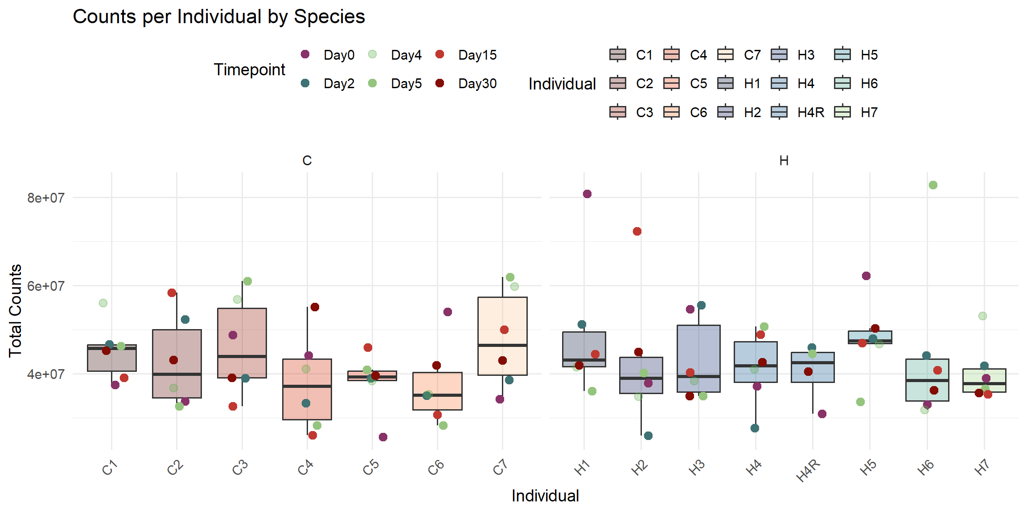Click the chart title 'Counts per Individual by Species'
(x=218, y=17)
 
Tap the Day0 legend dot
(x=305, y=54)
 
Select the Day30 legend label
(x=477, y=84)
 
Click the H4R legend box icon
(x=779, y=112)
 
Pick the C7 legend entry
(x=726, y=55)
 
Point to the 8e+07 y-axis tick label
(x=45, y=198)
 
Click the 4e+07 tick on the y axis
(x=45, y=374)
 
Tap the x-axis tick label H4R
(x=809, y=470)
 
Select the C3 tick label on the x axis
(x=240, y=468)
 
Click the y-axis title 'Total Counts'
(x=15, y=310)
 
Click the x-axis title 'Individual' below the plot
(x=545, y=496)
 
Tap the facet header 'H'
(x=784, y=160)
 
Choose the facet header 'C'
(x=307, y=160)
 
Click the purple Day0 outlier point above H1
(x=587, y=194)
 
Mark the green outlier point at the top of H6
(x=933, y=185)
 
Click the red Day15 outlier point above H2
(x=637, y=231)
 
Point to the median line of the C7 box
(x=502, y=345)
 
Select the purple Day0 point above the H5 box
(x=866, y=276)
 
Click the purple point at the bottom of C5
(x=383, y=437)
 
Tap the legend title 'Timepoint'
(x=249, y=69)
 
